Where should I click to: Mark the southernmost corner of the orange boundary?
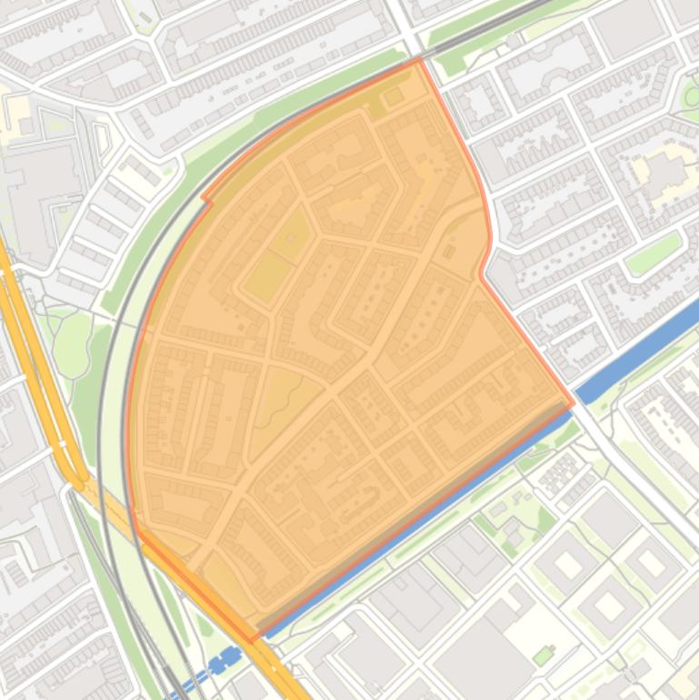253,641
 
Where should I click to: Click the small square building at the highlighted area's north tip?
394,96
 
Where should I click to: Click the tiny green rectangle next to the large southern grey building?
544,655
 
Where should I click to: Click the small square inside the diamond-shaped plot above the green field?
291,238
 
